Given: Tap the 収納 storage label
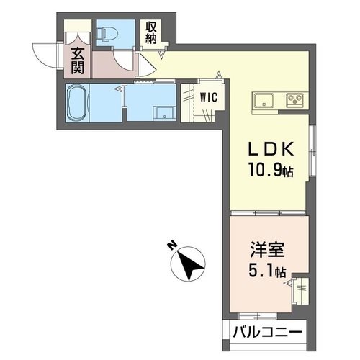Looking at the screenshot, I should [x=150, y=33].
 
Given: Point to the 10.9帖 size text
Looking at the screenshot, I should [x=269, y=172].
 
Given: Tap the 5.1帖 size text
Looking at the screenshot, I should [x=268, y=273].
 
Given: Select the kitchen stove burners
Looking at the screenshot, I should [x=296, y=99].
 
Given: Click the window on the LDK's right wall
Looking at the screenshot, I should [x=312, y=151].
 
